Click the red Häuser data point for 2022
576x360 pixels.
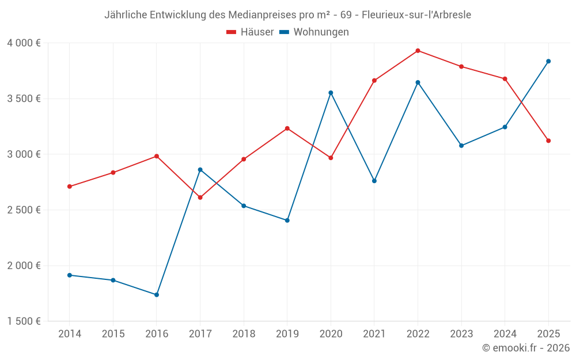(418, 51)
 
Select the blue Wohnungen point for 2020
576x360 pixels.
(331, 93)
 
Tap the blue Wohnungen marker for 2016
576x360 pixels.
(157, 295)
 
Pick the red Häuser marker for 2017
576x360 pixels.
(200, 198)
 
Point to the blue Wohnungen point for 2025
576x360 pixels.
(548, 61)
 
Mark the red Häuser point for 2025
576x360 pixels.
(548, 141)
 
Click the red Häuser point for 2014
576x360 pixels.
(70, 187)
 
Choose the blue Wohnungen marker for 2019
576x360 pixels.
(287, 221)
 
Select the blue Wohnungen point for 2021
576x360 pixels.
(374, 181)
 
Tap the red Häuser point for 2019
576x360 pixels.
(287, 128)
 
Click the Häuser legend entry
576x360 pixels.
(250, 32)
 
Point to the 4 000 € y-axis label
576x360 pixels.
(24, 43)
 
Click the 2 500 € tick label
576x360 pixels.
(24, 210)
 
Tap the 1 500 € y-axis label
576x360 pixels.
(24, 321)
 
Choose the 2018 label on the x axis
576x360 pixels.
(244, 334)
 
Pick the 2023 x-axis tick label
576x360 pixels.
(461, 334)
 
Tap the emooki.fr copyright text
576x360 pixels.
(526, 348)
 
